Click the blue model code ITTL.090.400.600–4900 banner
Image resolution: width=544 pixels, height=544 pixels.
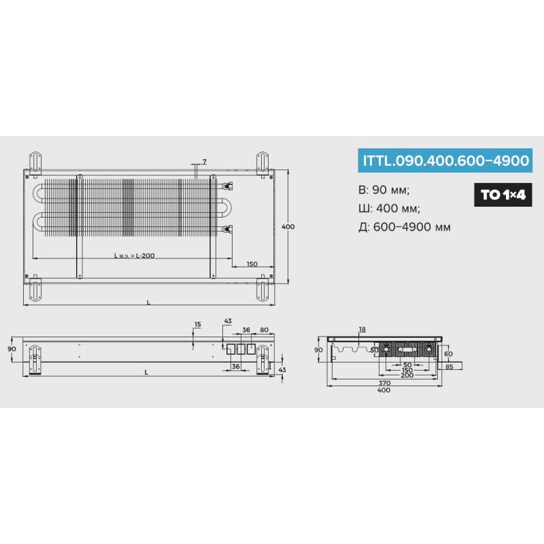pos(445,160)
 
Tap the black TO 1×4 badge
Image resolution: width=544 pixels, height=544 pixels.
pos(503,194)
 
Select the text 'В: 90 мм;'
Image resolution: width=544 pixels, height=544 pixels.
pos(384,190)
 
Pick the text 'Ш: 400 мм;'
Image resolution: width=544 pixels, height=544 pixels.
pos(389,208)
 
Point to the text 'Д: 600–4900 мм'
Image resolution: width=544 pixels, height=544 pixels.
pos(405,227)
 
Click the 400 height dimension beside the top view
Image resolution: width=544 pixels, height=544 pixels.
pos(288,226)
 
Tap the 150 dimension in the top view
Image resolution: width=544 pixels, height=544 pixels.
pos(252,264)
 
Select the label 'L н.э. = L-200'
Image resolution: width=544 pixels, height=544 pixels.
pos(135,256)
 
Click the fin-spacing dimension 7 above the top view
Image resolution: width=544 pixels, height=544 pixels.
pos(205,162)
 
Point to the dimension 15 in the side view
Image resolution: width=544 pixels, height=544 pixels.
pos(197,324)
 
